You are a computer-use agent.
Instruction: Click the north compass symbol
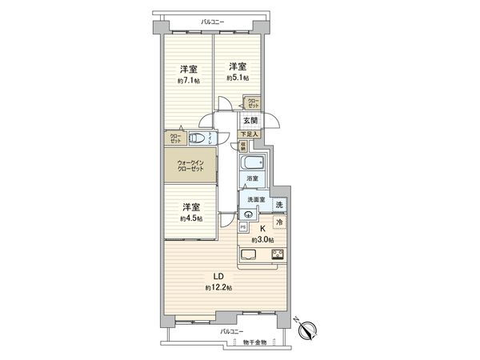click(x=310, y=328)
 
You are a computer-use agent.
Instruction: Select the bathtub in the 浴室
click(x=253, y=168)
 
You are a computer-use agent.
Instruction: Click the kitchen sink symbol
click(x=248, y=255)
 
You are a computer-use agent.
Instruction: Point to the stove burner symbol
click(x=278, y=255)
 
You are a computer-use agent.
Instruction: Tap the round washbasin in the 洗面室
click(x=249, y=214)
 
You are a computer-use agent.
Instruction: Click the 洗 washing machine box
click(x=278, y=204)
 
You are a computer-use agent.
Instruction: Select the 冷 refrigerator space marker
click(x=278, y=223)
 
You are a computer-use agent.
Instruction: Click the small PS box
click(x=242, y=227)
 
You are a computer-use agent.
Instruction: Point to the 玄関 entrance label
click(x=250, y=120)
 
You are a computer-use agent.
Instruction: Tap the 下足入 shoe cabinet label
click(x=250, y=134)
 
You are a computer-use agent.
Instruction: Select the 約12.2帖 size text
click(x=218, y=287)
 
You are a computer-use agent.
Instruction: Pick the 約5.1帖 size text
click(x=236, y=78)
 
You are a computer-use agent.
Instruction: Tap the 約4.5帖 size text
click(x=190, y=218)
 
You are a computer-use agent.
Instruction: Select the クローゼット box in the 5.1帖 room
click(x=253, y=103)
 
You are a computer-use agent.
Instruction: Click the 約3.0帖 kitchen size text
click(x=262, y=240)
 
